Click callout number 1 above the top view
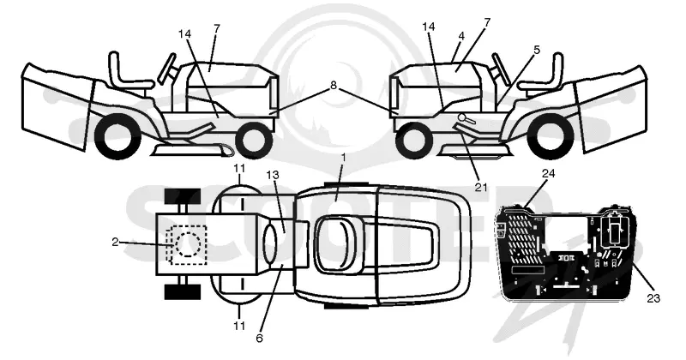[x=344, y=158]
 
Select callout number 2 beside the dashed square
[x=115, y=242]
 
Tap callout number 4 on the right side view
[x=461, y=36]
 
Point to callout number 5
[x=537, y=50]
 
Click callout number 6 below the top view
[x=260, y=338]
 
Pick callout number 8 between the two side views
[x=334, y=86]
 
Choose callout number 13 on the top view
[x=272, y=176]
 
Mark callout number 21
[x=481, y=187]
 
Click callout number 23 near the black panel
[x=653, y=298]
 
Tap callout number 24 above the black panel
[x=548, y=174]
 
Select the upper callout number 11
[x=239, y=168]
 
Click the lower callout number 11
[x=239, y=326]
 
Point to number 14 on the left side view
[x=185, y=33]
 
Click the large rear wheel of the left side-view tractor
[x=116, y=136]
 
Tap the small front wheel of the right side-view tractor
[x=412, y=141]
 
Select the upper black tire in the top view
[x=182, y=196]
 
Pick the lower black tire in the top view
[x=182, y=291]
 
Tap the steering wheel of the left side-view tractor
[x=167, y=69]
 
